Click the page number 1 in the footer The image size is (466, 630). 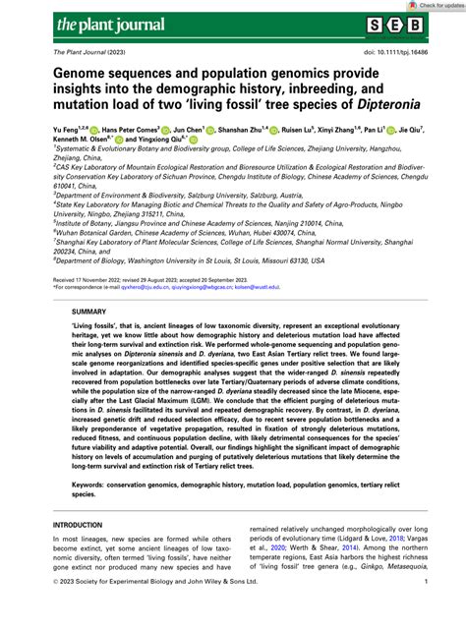click(x=425, y=610)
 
